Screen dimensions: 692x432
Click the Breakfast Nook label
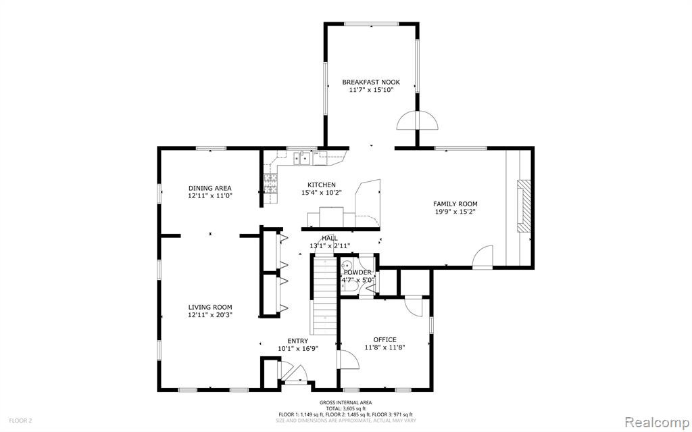(x=371, y=82)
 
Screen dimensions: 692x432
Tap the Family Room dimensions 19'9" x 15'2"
(x=455, y=212)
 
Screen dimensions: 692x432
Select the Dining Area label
(x=210, y=188)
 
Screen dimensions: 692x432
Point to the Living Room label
(x=210, y=308)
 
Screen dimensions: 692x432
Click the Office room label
(x=385, y=339)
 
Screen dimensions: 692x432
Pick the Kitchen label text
(x=322, y=185)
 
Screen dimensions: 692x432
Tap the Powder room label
(x=358, y=272)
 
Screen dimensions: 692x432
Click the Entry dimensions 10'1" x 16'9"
(x=298, y=348)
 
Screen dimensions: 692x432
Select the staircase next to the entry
(x=325, y=297)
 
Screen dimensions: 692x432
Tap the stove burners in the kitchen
(x=271, y=184)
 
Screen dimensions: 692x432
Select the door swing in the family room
(x=483, y=257)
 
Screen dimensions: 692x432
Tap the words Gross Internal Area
(x=345, y=402)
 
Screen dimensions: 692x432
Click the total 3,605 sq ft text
(x=345, y=408)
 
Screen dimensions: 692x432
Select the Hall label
(x=330, y=239)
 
